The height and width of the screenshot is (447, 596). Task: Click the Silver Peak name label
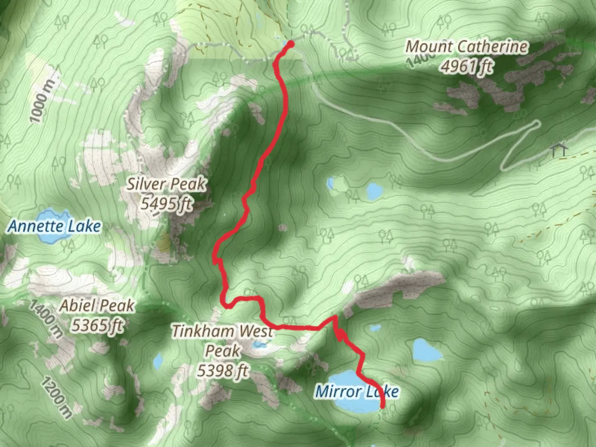click(x=166, y=184)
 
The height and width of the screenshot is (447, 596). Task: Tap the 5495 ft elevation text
click(x=166, y=203)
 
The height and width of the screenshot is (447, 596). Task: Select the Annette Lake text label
click(x=54, y=226)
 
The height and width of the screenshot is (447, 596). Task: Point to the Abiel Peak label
click(x=97, y=306)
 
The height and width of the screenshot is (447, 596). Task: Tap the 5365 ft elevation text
click(x=97, y=325)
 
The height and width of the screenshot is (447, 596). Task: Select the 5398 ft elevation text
click(x=223, y=370)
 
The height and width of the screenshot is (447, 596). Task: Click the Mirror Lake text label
click(x=357, y=391)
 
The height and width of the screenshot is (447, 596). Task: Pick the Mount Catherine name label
click(x=466, y=46)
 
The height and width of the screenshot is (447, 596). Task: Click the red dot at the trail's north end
click(x=291, y=44)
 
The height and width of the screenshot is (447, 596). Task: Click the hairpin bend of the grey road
click(x=537, y=123)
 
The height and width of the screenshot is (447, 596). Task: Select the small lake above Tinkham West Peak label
click(x=259, y=344)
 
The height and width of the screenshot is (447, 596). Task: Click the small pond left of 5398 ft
click(x=158, y=362)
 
